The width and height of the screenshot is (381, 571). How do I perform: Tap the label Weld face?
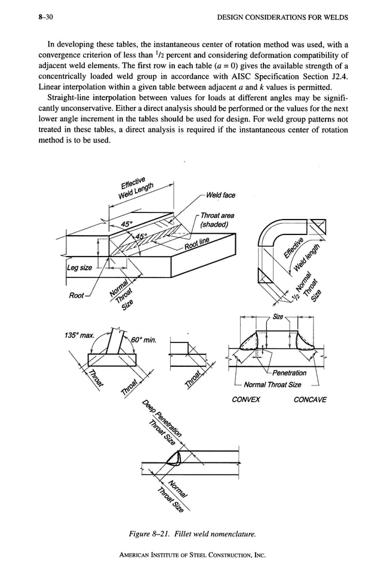[220, 195]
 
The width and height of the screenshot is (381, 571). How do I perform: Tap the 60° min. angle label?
[142, 340]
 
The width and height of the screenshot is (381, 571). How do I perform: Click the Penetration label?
[288, 374]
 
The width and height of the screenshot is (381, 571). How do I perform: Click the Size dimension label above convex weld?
[278, 316]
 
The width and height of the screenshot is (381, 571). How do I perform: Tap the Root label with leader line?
[76, 295]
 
